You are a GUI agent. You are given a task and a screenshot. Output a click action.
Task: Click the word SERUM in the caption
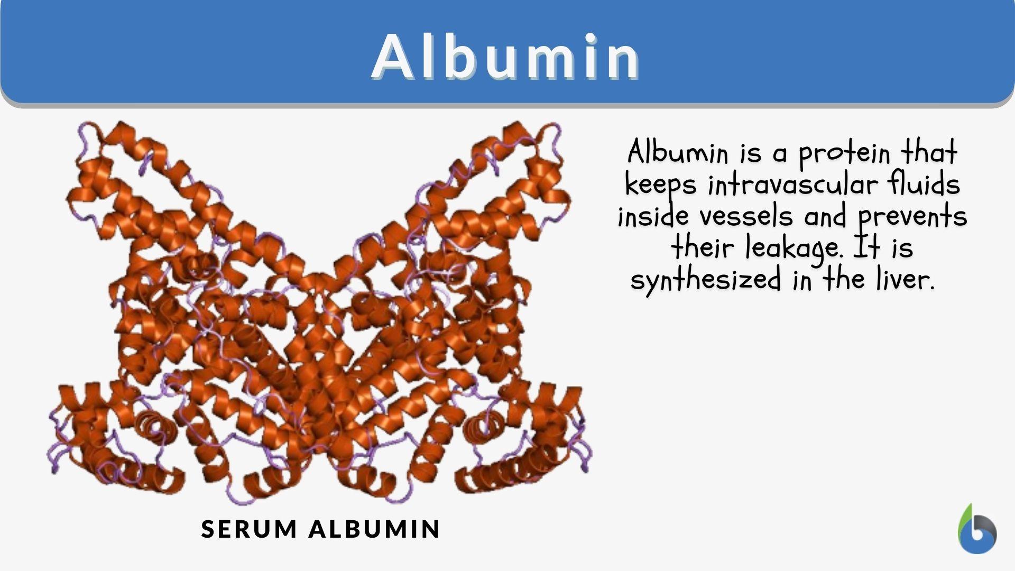[249, 529]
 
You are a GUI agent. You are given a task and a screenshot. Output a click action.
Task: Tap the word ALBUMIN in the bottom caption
[374, 529]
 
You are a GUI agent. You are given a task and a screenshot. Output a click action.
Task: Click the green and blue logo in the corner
[977, 530]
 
